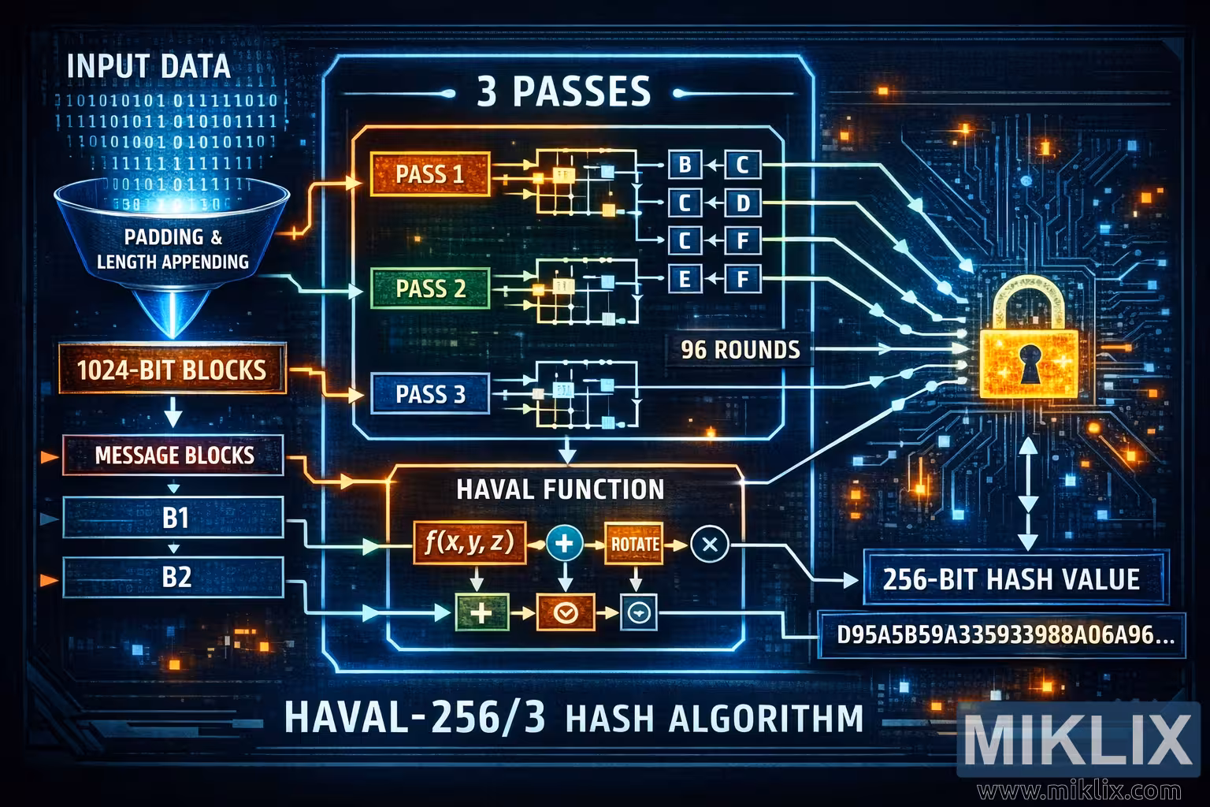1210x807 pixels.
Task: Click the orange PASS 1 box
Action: (x=430, y=174)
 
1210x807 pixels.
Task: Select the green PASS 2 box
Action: (x=430, y=288)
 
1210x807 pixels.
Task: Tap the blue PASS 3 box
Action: (x=430, y=393)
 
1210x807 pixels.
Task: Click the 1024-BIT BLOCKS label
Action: (x=173, y=369)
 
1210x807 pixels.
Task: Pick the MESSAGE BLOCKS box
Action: (x=173, y=456)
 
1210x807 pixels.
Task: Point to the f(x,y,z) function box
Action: (x=469, y=542)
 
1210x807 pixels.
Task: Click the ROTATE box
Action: (x=634, y=543)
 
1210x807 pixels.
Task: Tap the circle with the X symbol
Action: (x=709, y=543)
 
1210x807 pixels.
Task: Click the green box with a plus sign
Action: (x=481, y=611)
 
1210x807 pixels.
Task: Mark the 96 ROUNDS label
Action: (x=740, y=348)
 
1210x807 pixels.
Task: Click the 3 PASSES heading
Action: (x=564, y=92)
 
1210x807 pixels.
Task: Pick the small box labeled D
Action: (x=741, y=203)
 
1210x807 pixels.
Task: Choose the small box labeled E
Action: (x=684, y=277)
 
